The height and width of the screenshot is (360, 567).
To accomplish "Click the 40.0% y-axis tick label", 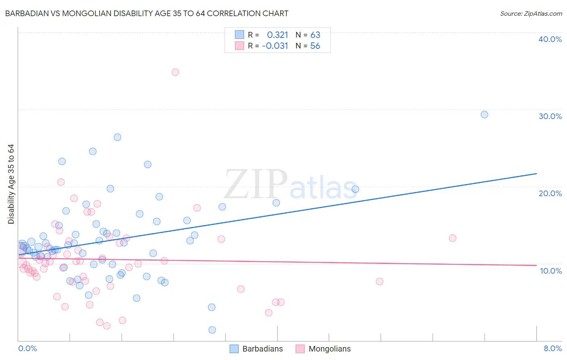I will (550, 39).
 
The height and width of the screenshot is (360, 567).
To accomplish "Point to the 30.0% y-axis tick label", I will (550, 116).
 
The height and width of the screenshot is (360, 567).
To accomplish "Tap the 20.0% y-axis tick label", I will (550, 193).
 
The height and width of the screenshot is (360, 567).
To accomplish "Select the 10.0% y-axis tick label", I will (551, 271).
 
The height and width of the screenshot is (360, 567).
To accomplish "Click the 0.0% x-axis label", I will (27, 349).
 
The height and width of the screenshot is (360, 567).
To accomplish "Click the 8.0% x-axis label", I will (552, 349).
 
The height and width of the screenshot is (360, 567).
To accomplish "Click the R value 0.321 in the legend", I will (277, 35).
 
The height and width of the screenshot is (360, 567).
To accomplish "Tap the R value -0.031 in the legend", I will (275, 46).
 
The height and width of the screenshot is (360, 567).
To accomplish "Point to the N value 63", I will (315, 35).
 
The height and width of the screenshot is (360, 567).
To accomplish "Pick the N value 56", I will (315, 46).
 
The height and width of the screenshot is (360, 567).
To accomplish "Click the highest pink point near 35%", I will (175, 72).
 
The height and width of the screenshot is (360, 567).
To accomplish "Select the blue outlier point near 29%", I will (484, 115).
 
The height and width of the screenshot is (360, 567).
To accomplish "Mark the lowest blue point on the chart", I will (212, 330).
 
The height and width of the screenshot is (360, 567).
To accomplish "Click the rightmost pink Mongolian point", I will (452, 238).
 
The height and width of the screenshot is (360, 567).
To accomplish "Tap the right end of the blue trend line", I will (536, 174).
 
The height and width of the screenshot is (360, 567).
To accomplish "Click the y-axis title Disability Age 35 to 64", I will (11, 184).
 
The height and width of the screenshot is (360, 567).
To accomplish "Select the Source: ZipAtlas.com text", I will (531, 14).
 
